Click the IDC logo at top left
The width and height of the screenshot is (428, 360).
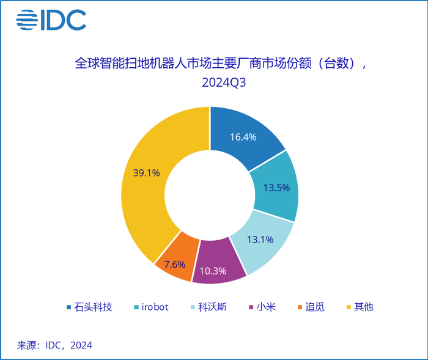51,21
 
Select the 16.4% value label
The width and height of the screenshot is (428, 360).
243,137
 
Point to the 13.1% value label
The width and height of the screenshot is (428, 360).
260,240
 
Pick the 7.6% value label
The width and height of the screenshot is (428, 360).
174,265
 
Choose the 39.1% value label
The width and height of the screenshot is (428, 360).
146,173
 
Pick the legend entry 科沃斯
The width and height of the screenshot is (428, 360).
212,307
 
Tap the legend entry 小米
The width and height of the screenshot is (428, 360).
267,307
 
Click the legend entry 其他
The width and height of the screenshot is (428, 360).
364,307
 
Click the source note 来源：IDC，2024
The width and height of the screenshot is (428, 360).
55,345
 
